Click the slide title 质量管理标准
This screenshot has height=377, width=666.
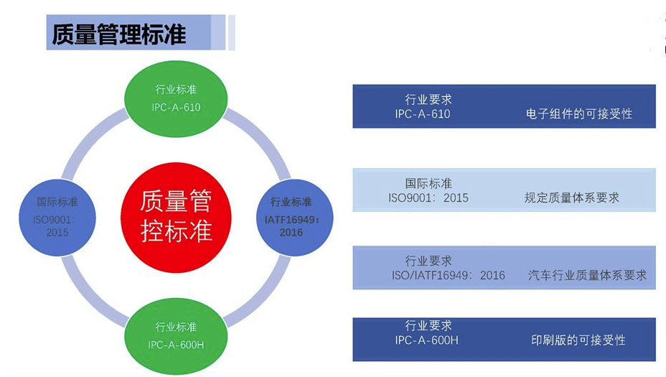click(119, 34)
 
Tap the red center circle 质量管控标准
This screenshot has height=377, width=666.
click(177, 214)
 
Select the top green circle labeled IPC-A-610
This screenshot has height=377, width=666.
click(176, 98)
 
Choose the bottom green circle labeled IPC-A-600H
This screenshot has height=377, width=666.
click(176, 336)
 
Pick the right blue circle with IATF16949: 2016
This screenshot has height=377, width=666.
click(291, 218)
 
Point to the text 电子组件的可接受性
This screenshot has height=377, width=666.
click(579, 114)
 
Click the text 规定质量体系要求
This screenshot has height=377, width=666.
click(572, 197)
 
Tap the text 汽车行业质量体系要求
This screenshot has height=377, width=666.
click(587, 275)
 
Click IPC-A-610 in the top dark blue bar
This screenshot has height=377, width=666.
click(423, 114)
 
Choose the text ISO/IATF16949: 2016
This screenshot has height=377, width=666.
click(448, 275)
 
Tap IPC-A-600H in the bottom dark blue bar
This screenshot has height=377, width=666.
click(426, 340)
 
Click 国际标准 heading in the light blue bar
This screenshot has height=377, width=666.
click(428, 184)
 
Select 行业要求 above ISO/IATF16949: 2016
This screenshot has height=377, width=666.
click(428, 261)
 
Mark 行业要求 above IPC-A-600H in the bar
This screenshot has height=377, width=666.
click(428, 325)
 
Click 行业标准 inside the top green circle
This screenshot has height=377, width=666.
click(176, 90)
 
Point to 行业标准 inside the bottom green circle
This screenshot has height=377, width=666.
click(176, 328)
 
